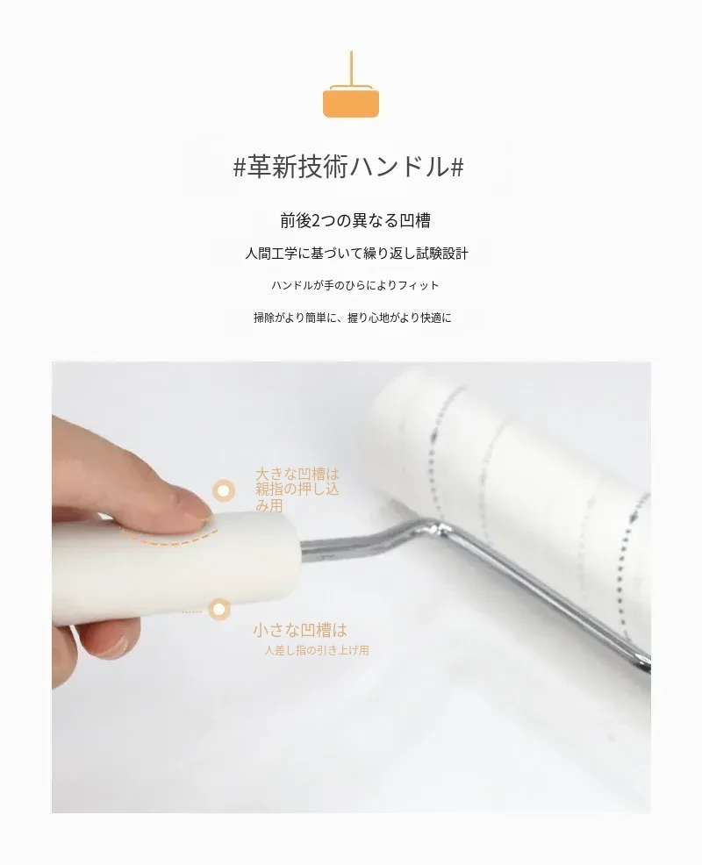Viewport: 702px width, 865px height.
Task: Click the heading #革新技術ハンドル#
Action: [x=348, y=167]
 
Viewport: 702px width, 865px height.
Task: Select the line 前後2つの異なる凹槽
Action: [x=355, y=221]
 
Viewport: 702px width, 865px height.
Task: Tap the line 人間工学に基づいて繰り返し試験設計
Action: [x=356, y=254]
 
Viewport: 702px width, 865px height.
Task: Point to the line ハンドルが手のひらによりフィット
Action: [x=355, y=285]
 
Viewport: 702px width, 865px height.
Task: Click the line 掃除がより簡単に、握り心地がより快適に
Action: [x=352, y=318]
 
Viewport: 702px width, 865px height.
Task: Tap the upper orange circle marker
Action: [x=224, y=490]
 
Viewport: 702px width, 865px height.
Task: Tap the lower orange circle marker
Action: [x=219, y=609]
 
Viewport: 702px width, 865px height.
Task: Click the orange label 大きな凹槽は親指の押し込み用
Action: [x=297, y=490]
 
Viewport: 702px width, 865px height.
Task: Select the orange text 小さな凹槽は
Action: [x=300, y=630]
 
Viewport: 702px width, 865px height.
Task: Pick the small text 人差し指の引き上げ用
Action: [x=317, y=650]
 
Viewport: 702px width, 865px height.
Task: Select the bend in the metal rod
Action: [x=436, y=530]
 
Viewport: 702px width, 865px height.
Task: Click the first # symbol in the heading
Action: [x=239, y=168]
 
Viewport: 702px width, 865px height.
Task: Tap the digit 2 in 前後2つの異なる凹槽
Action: [x=316, y=221]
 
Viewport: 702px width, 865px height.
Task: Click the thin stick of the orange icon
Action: [x=351, y=68]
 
